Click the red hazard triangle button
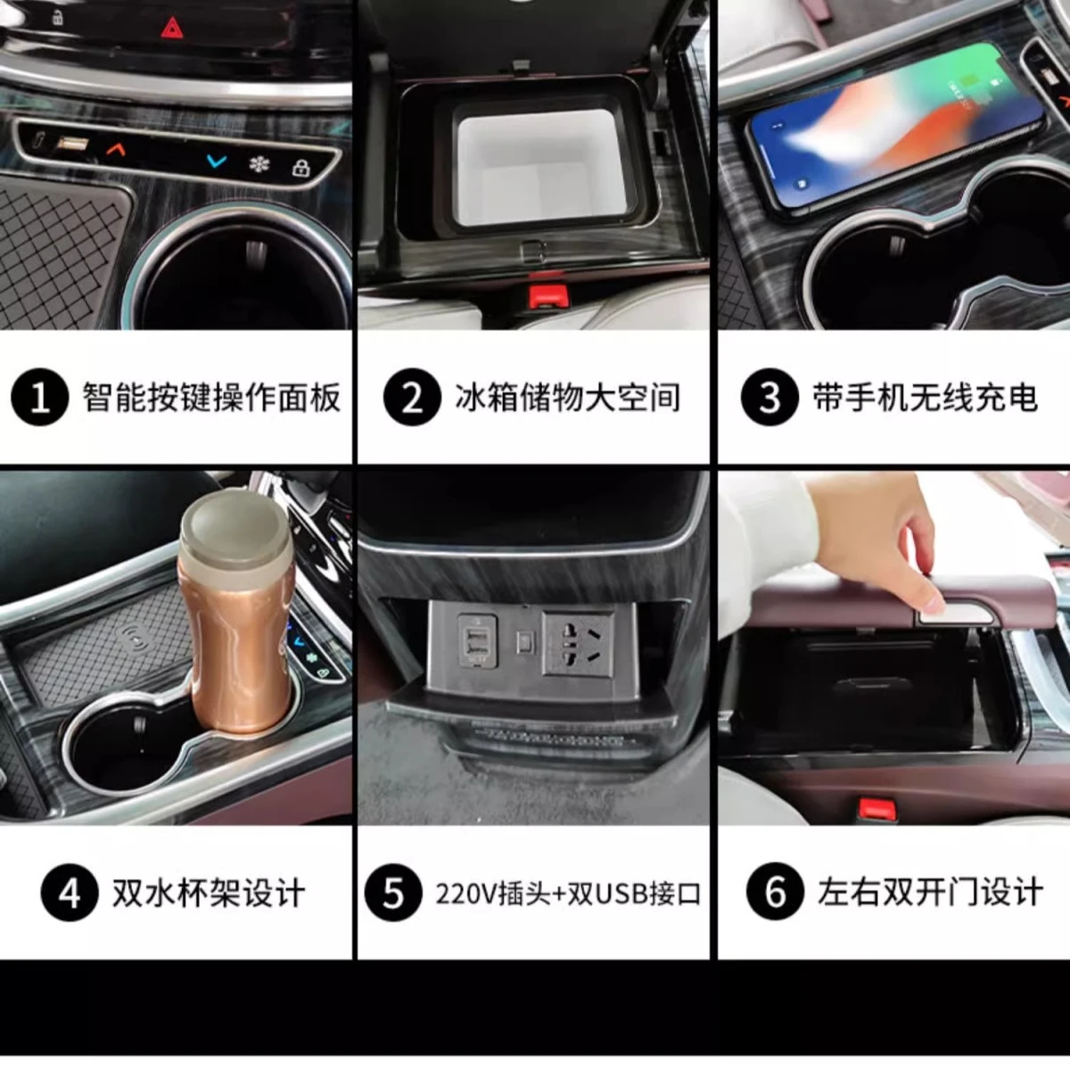[x=172, y=28]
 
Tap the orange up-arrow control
[x=116, y=149]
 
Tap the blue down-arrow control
[x=216, y=161]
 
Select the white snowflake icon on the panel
[x=259, y=164]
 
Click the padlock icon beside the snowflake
[x=301, y=167]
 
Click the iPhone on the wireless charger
[x=894, y=126]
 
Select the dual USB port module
[x=477, y=639]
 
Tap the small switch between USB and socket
[x=523, y=643]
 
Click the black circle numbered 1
[x=39, y=397]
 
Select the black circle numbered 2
[x=412, y=397]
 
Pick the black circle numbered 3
[x=770, y=397]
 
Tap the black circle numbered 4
[x=70, y=894]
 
